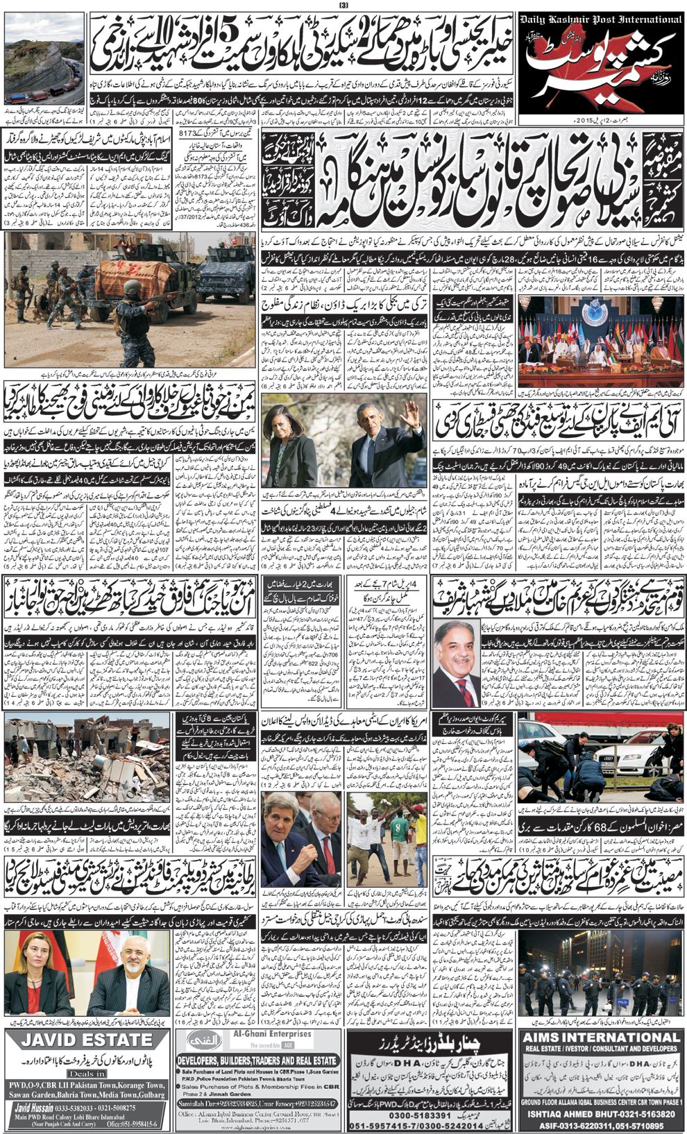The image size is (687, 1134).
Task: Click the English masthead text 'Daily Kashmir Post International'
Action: pos(601,19)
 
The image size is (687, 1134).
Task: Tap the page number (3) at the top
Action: pos(343,6)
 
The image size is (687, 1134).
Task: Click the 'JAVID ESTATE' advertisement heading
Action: pos(86,1040)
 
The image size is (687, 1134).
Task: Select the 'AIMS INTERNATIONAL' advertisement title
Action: pos(601,1037)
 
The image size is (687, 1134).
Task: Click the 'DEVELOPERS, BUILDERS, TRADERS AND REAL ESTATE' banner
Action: pos(257,1061)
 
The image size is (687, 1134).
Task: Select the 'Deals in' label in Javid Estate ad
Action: pos(86,1073)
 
